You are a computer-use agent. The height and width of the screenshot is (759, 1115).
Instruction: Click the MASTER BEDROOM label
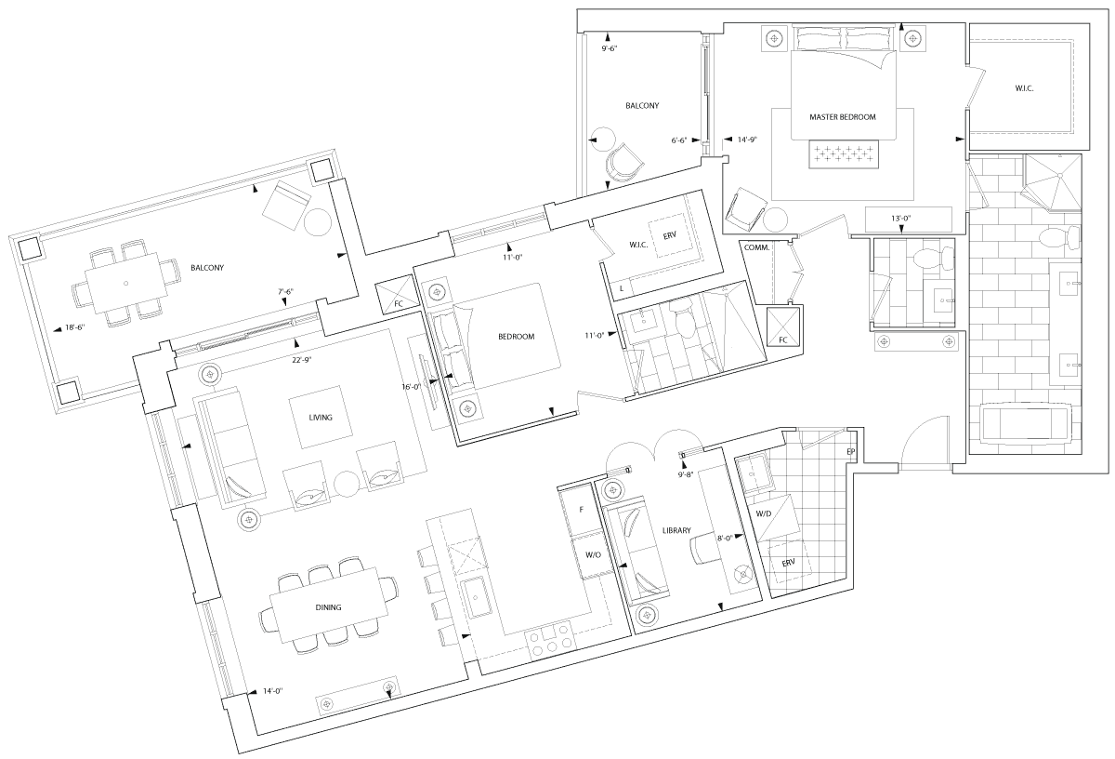[x=842, y=117]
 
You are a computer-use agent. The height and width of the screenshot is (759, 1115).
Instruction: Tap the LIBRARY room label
[x=676, y=530]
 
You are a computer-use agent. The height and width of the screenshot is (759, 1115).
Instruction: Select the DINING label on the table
[x=328, y=607]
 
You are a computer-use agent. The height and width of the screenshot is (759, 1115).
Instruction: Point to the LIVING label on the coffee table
[x=320, y=417]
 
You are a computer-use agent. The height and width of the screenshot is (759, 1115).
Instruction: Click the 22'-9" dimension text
[x=302, y=360]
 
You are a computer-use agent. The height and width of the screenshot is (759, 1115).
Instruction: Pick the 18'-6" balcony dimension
[x=75, y=327]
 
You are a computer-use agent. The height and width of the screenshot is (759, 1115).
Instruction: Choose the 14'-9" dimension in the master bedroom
[x=747, y=140]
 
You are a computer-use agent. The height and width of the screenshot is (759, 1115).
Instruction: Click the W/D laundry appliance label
[x=763, y=513]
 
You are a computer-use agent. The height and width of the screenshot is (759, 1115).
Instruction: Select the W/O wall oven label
[x=593, y=554]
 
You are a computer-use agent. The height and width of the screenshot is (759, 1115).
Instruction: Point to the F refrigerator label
[x=581, y=510]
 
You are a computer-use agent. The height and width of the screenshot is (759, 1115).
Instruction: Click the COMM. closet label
[x=756, y=247]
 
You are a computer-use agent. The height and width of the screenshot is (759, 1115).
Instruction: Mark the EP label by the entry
[x=851, y=451]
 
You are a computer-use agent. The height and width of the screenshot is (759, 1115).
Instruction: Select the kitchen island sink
[x=476, y=596]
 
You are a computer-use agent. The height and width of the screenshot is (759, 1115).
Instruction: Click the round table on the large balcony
[x=317, y=221]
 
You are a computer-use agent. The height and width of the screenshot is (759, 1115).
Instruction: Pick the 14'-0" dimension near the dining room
[x=273, y=691]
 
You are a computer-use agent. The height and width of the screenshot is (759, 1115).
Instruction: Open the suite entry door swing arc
[x=917, y=430]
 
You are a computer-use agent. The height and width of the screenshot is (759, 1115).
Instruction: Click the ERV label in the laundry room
[x=789, y=563]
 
